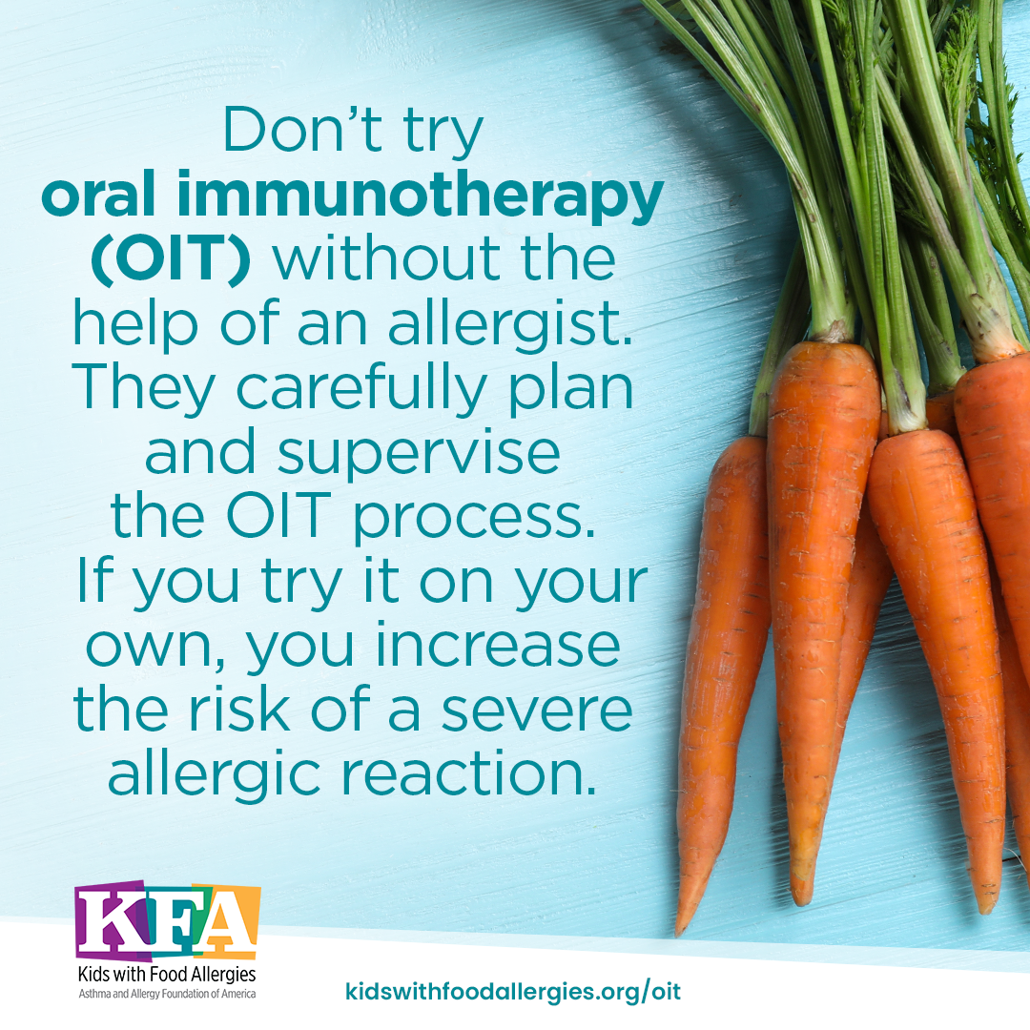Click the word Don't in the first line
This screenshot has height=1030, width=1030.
click(x=303, y=130)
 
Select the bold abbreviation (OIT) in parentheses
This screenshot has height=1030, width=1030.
click(x=170, y=259)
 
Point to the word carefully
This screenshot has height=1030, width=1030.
click(x=360, y=389)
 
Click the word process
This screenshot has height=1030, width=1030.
click(x=474, y=518)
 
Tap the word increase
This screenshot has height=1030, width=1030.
click(x=498, y=647)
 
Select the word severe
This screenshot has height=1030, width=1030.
click(x=536, y=711)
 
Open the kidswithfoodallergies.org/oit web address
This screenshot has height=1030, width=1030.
click(x=513, y=991)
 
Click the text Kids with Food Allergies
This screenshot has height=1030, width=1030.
click(x=167, y=974)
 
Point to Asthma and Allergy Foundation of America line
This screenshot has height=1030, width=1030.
click(x=167, y=994)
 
